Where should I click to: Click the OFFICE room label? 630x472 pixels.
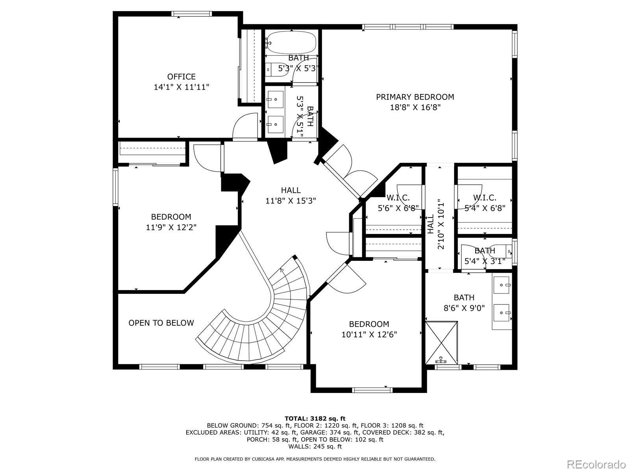pos(182,77)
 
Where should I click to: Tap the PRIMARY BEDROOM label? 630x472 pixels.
pos(415,97)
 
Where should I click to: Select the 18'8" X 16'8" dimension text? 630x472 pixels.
pos(415,107)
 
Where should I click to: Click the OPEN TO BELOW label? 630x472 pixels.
pos(161,323)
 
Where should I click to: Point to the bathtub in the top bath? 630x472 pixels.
pos(290,42)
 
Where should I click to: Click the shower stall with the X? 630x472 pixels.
pos(441,343)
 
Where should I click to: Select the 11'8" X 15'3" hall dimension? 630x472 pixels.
pos(291,201)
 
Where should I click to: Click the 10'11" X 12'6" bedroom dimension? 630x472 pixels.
pos(369,334)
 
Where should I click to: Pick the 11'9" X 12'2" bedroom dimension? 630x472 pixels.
pos(171,227)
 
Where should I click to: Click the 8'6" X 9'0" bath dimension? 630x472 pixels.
pos(464,308)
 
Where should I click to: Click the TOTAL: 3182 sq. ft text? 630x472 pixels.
pos(315,419)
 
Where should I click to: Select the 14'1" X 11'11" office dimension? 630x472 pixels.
pos(182,87)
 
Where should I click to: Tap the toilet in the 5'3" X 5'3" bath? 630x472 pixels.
pos(276,69)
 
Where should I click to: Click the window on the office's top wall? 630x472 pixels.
pos(192,13)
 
